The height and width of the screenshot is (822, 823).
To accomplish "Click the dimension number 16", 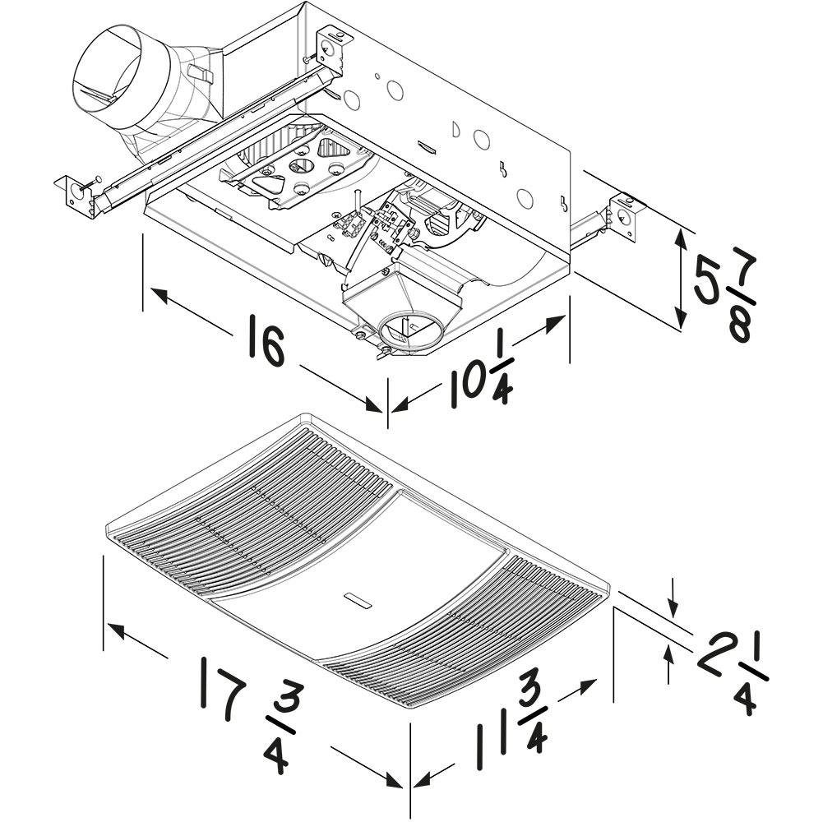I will [265, 347].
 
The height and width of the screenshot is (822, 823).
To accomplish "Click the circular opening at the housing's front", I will [409, 332].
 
